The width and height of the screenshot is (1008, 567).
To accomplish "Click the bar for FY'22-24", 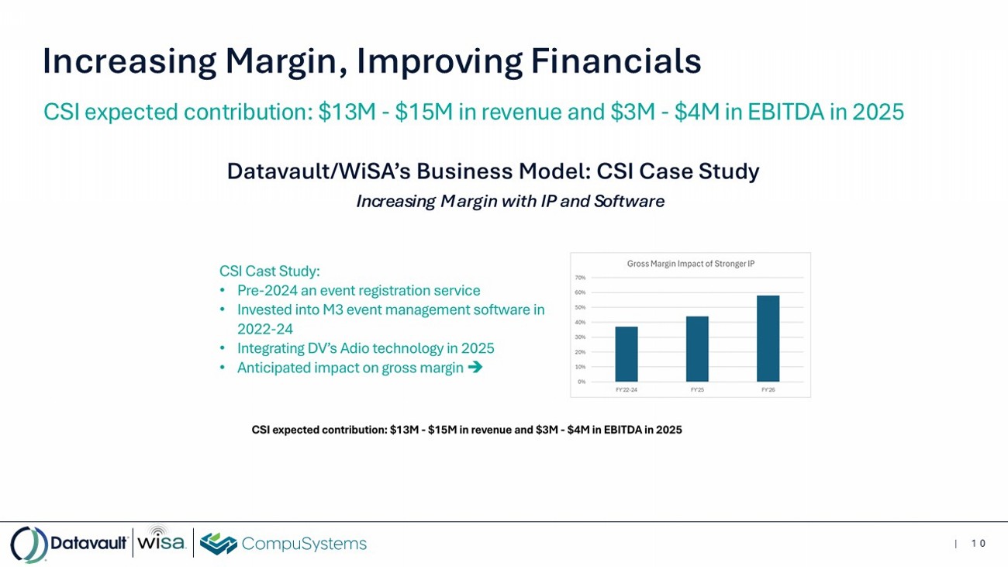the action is pyautogui.click(x=627, y=354).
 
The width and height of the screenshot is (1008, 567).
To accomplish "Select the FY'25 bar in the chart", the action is pyautogui.click(x=697, y=349).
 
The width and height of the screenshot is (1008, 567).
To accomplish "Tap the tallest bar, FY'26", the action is pyautogui.click(x=768, y=338).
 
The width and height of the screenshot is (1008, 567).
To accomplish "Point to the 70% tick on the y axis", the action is pyautogui.click(x=580, y=278).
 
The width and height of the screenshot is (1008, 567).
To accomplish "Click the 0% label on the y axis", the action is pyautogui.click(x=582, y=382).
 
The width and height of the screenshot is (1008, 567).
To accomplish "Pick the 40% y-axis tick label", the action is pyautogui.click(x=580, y=322).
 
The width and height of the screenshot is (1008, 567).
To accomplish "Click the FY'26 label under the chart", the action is pyautogui.click(x=768, y=389).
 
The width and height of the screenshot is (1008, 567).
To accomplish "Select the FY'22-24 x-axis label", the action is pyautogui.click(x=627, y=389).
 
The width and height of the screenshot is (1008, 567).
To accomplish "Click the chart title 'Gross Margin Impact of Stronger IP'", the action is pyautogui.click(x=691, y=264).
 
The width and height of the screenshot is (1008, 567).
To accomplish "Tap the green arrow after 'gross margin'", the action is pyautogui.click(x=475, y=368).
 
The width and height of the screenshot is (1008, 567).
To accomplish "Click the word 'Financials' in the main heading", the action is pyautogui.click(x=616, y=61).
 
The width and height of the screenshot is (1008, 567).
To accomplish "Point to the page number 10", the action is pyautogui.click(x=979, y=544).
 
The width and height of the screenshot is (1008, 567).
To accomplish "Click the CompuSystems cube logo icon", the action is pyautogui.click(x=218, y=543).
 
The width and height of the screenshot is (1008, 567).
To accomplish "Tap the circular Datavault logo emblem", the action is pyautogui.click(x=29, y=544).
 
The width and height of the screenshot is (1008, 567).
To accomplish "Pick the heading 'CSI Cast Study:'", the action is pyautogui.click(x=270, y=271).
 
